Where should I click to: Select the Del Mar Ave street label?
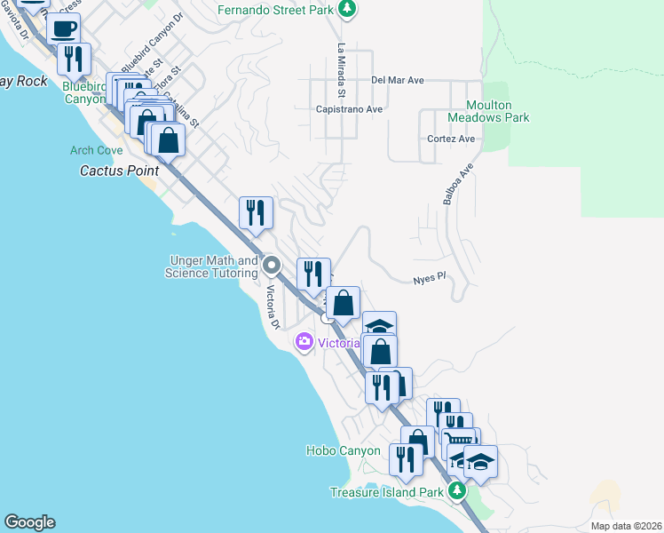(398, 80)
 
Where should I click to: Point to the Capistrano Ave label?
(349, 109)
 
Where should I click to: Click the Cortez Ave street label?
(452, 139)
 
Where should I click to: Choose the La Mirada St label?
(340, 70)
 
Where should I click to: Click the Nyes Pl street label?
(429, 280)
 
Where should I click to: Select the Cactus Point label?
(119, 170)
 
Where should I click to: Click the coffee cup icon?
(64, 28)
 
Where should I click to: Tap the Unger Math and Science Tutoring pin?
(273, 266)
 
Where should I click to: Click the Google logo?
(29, 522)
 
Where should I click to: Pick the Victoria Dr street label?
(273, 306)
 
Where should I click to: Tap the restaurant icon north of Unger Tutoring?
(256, 212)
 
